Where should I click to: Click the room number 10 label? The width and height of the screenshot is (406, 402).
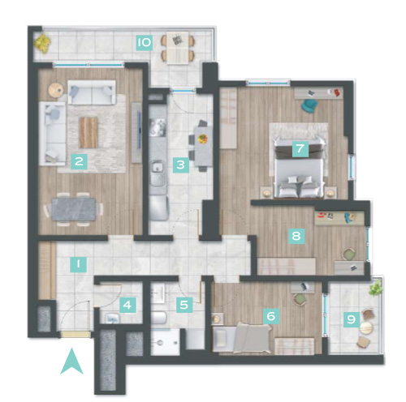coord(145,42)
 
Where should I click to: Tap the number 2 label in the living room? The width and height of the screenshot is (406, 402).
coord(79,161)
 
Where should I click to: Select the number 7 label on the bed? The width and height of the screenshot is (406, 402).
coord(300,148)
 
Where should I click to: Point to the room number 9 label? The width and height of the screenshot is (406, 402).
coord(352,319)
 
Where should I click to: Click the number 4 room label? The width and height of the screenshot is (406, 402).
coord(127,305)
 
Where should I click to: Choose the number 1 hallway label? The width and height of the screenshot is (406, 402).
coord(78,264)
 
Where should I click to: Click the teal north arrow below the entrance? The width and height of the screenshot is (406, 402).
coord(71,361)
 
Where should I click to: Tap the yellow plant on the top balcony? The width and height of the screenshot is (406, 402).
coord(42,43)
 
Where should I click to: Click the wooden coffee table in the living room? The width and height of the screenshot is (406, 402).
coord(89,132)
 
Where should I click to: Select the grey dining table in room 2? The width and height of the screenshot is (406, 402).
coord(74,209)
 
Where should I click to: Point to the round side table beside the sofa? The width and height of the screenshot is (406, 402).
coord(56,89)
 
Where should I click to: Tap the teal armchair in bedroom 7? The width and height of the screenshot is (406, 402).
coord(310,105)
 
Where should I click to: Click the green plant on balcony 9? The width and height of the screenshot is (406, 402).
coord(376,288)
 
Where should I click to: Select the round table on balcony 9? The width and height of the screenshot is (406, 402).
coord(366,328)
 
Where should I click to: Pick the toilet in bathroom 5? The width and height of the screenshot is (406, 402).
coord(158,318)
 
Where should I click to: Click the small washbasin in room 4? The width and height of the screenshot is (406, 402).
coord(112,318)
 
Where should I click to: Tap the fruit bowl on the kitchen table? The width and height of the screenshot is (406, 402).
coord(203,139)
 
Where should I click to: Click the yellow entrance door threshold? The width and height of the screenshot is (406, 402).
coord(76,335)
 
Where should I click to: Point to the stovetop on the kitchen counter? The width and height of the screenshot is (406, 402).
coord(158,127)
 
